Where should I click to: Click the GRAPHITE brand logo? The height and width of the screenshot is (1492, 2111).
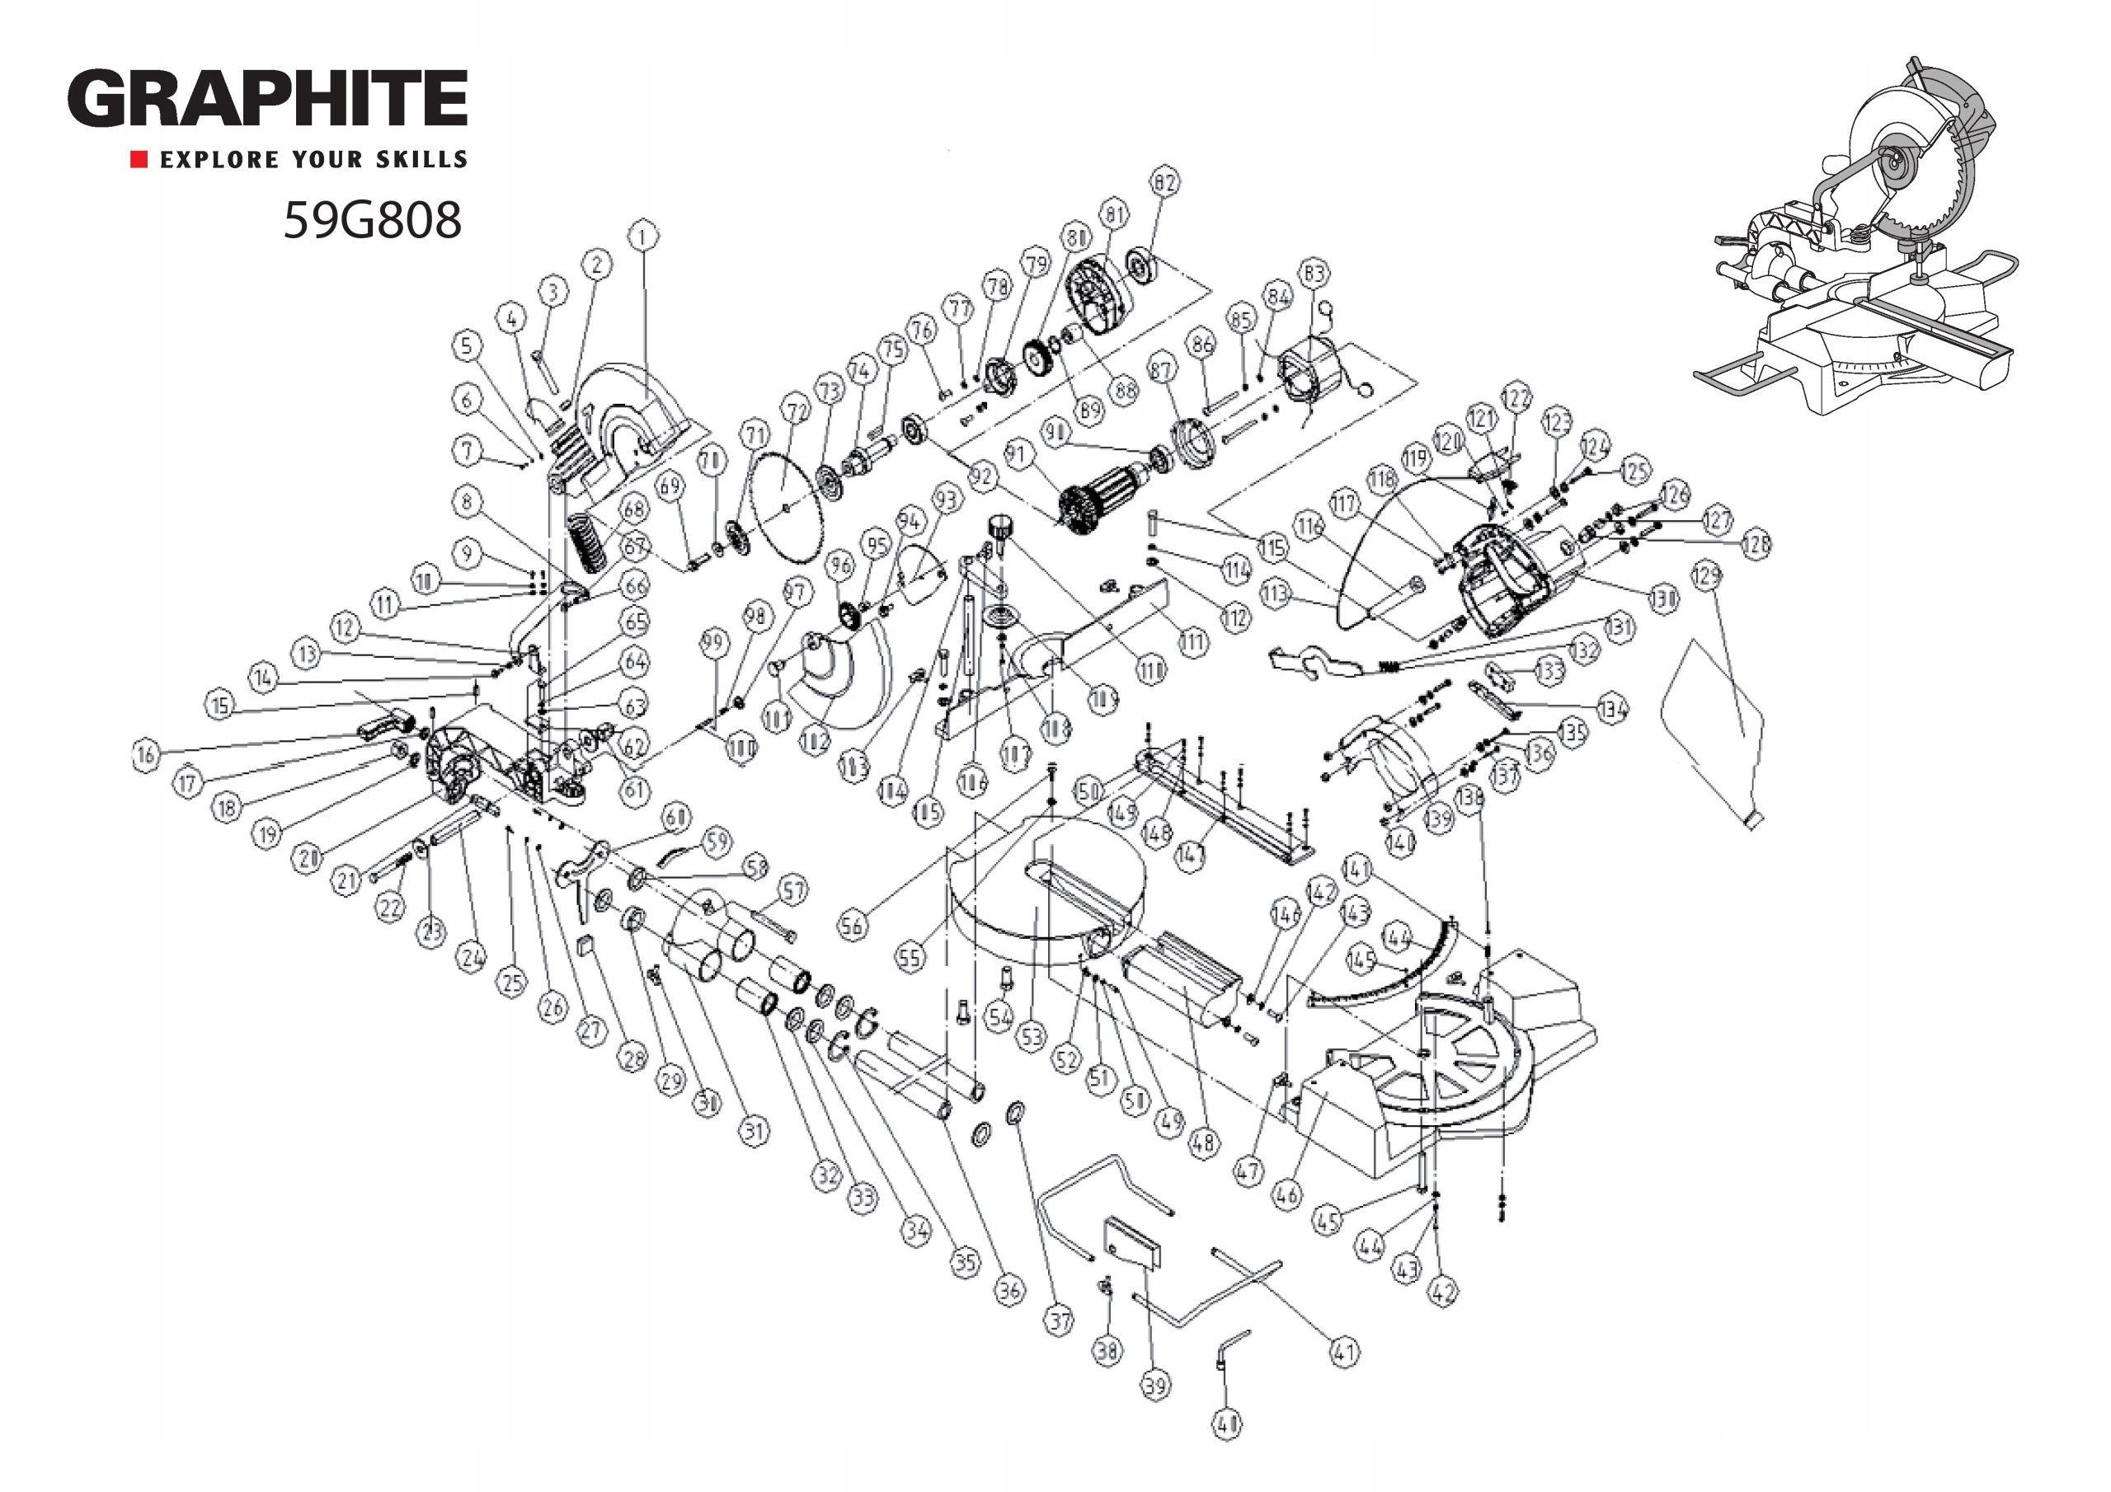pos(266,98)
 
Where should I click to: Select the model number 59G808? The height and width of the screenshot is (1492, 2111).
pos(371,221)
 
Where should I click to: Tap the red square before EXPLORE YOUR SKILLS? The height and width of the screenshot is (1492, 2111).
pos(139,160)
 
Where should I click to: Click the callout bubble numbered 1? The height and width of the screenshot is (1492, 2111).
pos(642,237)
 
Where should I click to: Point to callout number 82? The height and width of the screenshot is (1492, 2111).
pos(1165,182)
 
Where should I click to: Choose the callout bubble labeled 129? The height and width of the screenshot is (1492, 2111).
pos(1705,576)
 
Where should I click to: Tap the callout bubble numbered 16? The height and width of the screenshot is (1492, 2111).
pos(145,756)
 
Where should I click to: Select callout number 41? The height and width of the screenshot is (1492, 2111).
pos(1344,1351)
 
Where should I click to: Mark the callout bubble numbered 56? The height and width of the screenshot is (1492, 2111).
pos(851,925)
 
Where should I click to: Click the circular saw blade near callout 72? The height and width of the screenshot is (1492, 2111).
pos(784,505)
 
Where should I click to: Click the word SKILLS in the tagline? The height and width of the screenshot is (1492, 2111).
pos(421,160)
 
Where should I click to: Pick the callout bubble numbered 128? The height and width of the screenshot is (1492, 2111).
pos(1756,544)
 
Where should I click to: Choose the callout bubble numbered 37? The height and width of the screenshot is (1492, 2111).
pos(1059,1321)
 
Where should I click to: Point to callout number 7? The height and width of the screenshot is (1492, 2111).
pos(467,450)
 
